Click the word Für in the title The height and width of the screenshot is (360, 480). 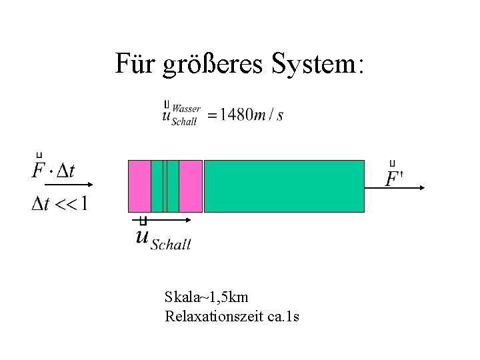(x=135, y=65)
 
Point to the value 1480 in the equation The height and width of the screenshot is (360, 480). (x=237, y=115)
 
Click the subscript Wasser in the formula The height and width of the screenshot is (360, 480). (x=187, y=109)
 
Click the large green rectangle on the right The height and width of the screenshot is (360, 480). (x=284, y=186)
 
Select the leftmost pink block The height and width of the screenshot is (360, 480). (x=139, y=186)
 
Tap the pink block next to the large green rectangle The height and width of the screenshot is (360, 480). (x=191, y=186)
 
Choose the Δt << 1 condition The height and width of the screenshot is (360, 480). (x=59, y=203)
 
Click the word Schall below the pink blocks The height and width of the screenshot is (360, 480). (x=171, y=245)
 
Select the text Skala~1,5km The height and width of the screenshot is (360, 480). (x=206, y=297)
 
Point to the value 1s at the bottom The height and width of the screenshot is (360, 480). (x=291, y=315)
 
